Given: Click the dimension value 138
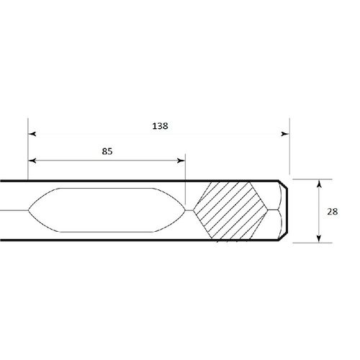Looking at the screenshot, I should pyautogui.click(x=160, y=125).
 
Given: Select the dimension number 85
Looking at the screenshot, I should pyautogui.click(x=107, y=152).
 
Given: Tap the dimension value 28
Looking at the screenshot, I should pyautogui.click(x=332, y=212).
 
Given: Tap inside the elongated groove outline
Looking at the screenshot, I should pyautogui.click(x=108, y=210).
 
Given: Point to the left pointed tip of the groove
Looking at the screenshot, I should pyautogui.click(x=28, y=210).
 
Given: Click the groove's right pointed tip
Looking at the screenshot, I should pyautogui.click(x=186, y=210).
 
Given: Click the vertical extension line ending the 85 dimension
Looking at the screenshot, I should pyautogui.click(x=185, y=180).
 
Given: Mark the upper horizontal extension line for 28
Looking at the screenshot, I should pyautogui.click(x=313, y=179).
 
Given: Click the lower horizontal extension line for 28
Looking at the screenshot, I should pyautogui.click(x=313, y=243).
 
